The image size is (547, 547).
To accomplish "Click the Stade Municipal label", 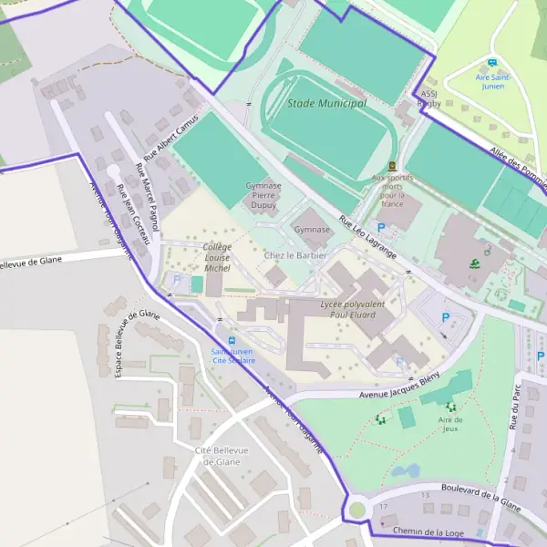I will [326, 104].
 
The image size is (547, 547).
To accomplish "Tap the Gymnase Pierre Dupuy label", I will [263, 195].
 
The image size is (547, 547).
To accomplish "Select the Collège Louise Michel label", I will [217, 257].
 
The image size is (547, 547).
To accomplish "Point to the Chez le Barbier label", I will [294, 255].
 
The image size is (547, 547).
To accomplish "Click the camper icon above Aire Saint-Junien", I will [492, 64].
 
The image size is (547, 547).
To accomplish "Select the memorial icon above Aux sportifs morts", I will [392, 166].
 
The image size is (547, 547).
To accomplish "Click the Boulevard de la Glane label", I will [480, 497].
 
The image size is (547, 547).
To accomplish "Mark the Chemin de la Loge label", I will [429, 531].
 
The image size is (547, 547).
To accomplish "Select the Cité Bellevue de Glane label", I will [217, 456].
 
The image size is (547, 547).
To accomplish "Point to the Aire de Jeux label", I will [450, 424].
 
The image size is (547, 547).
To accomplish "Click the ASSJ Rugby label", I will [429, 98].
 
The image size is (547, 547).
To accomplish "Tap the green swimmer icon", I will [474, 264].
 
